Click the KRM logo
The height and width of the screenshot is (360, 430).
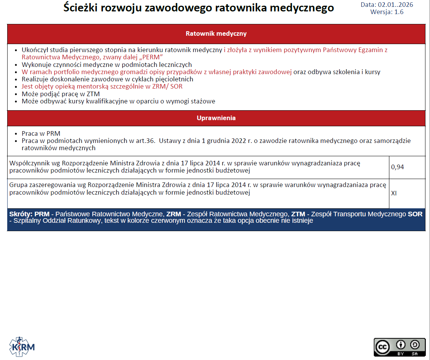22,346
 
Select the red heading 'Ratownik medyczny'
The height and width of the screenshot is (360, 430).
216,34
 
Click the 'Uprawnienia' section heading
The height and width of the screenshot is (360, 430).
216,118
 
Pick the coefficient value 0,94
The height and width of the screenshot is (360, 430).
397,167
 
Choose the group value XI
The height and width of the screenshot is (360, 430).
394,193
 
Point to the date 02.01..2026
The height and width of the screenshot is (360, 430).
395,5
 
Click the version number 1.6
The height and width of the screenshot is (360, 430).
399,12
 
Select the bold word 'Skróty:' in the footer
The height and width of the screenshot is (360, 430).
21,214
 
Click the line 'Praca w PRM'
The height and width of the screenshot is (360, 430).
41,133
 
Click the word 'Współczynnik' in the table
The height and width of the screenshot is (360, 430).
28,163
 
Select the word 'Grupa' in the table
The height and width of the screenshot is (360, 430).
18,185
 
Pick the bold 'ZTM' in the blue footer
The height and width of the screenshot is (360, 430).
298,214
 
